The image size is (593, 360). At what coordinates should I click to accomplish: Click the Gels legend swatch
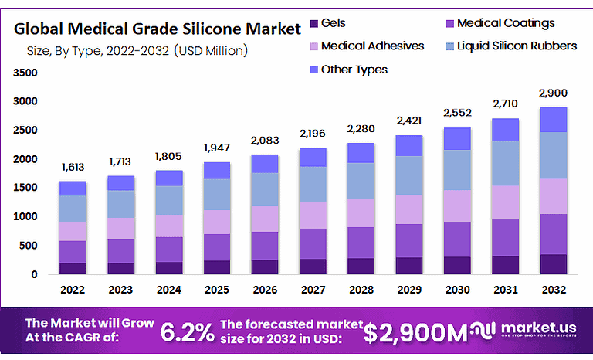coord(313,24)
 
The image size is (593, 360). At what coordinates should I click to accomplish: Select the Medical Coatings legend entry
coord(505,24)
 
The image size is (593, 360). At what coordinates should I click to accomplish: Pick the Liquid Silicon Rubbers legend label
coord(517,46)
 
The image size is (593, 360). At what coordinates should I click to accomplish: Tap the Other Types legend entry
coord(354,70)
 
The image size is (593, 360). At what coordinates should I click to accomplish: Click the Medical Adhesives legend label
coord(372,46)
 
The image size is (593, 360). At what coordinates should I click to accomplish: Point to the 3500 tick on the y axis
coord(25,73)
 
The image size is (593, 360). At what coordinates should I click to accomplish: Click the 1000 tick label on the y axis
coord(25,217)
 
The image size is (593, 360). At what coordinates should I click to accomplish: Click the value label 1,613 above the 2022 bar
coord(73,167)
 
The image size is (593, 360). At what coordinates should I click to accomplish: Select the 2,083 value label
coord(265,140)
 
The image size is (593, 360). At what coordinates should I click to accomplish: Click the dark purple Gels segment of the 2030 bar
coord(456,265)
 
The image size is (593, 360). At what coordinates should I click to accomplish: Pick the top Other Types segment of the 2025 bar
coord(217,170)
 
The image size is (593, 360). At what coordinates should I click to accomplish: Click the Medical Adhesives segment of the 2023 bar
coord(120,228)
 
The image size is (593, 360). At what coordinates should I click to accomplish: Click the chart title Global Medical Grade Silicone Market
coord(158,29)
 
